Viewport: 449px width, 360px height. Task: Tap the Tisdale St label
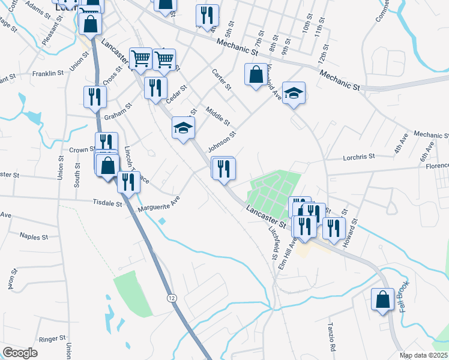coord(108,203)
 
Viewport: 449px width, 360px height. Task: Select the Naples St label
coord(34,237)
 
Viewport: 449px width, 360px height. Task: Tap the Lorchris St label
coord(358,157)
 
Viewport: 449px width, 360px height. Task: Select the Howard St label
coord(349,233)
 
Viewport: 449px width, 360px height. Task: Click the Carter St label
coord(221,79)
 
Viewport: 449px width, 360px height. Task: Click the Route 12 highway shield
coord(172,298)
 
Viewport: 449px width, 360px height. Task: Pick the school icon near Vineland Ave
coord(294,94)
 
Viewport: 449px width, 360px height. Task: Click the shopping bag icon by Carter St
coord(256,75)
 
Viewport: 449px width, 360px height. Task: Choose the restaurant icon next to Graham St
coord(95,97)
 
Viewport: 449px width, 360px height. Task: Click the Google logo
coord(20,353)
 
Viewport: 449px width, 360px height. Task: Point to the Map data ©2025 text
coord(424,355)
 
